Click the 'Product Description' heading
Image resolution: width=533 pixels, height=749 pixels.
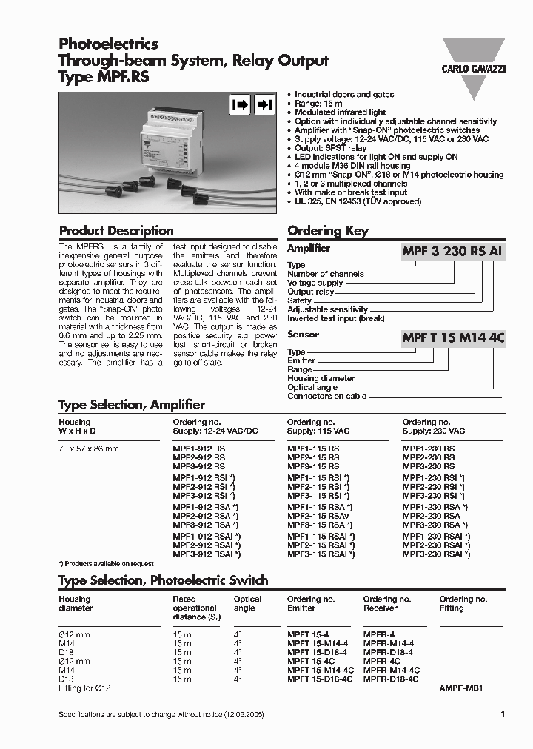(x=116, y=230)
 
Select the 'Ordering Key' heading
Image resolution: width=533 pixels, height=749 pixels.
(x=327, y=230)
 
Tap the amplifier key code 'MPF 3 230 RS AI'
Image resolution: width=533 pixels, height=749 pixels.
(x=453, y=252)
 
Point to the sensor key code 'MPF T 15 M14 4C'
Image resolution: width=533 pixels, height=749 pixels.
(x=453, y=338)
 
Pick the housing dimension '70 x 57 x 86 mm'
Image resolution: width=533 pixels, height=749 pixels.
(x=88, y=449)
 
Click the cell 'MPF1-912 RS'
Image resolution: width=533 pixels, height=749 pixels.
(x=198, y=449)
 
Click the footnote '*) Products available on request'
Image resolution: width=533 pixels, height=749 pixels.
(x=106, y=564)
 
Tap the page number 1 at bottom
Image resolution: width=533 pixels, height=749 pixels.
(x=503, y=715)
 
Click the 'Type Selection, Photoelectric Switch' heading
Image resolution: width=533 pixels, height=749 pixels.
(x=163, y=580)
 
